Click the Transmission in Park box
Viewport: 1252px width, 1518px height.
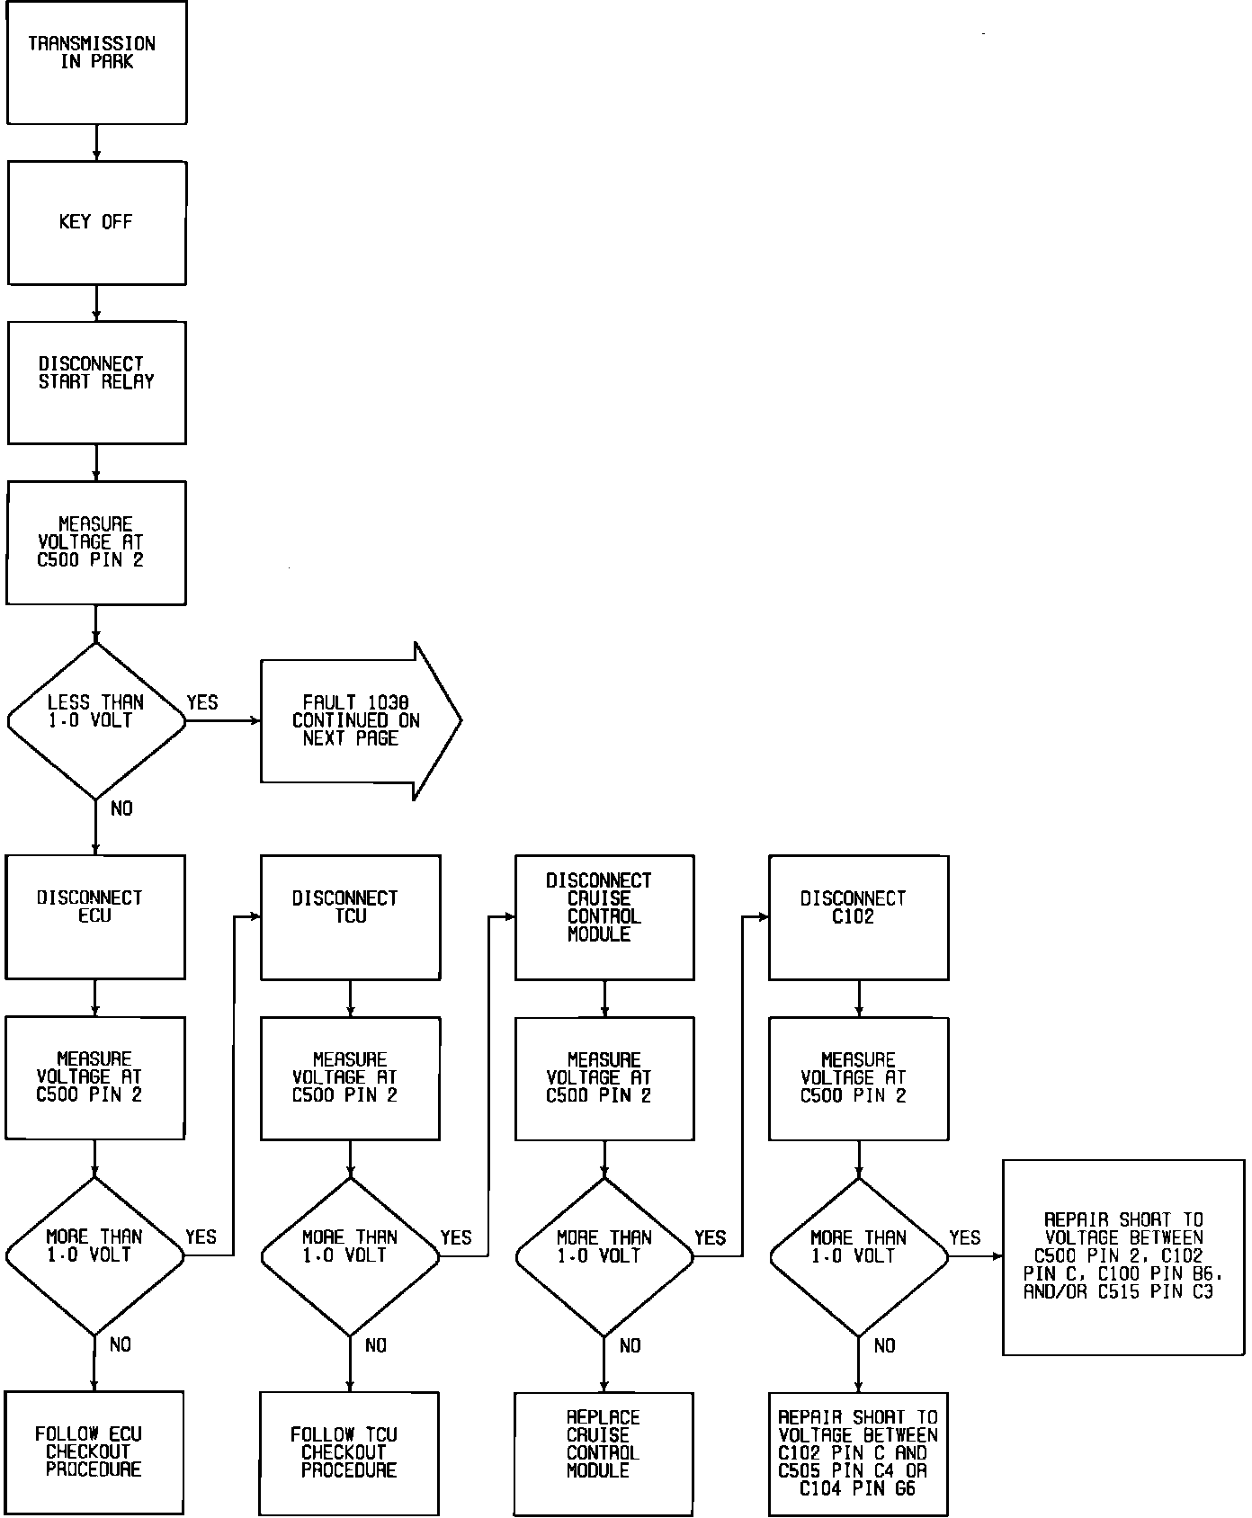click(x=96, y=62)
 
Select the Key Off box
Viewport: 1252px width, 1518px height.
click(x=96, y=222)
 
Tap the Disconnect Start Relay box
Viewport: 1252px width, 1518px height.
click(x=96, y=382)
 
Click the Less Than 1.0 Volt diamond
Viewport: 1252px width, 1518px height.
click(x=96, y=720)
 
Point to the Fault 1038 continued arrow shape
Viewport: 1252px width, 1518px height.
click(x=360, y=720)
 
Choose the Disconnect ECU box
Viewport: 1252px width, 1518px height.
click(x=95, y=916)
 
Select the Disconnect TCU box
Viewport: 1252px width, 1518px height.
click(x=350, y=916)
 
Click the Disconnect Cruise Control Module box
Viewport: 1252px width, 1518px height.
click(x=604, y=916)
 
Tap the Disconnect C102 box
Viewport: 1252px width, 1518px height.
click(x=858, y=916)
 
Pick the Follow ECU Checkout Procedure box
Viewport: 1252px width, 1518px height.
click(x=94, y=1451)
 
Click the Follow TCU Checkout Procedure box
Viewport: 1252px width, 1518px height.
click(x=349, y=1452)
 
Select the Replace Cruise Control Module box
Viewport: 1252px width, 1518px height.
click(x=604, y=1452)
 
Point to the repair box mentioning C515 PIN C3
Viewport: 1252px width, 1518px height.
click(x=1123, y=1256)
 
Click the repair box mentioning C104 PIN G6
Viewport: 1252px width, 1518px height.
click(x=858, y=1452)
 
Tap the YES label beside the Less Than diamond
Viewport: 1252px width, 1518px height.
click(x=202, y=702)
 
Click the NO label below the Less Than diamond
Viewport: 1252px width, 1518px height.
click(x=121, y=808)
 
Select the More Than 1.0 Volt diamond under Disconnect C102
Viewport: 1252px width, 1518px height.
click(x=858, y=1256)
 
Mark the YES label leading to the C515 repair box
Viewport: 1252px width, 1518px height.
click(x=964, y=1237)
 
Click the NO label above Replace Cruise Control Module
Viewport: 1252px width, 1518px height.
click(x=630, y=1345)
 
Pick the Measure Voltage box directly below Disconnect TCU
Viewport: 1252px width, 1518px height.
click(x=350, y=1077)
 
